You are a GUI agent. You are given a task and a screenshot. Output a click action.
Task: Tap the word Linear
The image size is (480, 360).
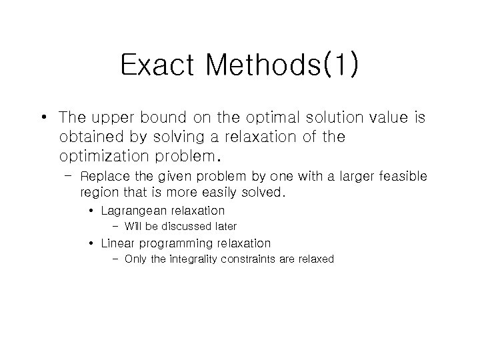tap(118, 243)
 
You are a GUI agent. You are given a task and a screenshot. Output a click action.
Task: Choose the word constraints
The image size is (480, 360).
tap(251, 259)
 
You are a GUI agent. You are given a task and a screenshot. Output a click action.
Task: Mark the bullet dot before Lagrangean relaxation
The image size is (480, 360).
tap(91, 211)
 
